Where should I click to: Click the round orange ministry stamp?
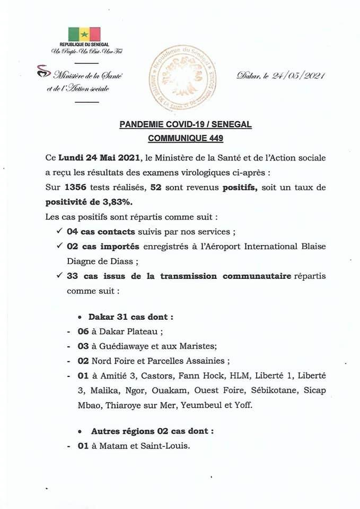tap(181, 77)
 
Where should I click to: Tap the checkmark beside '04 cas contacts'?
tap(59, 232)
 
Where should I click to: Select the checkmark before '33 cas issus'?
tap(59, 276)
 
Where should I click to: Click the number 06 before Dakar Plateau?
tap(83, 332)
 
